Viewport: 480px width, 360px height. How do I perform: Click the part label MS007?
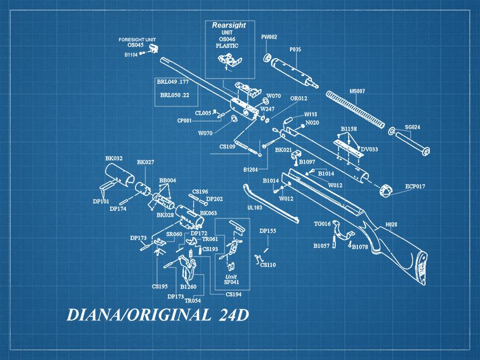click(357, 91)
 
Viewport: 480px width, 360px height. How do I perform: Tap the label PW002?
click(269, 37)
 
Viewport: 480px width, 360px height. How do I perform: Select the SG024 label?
click(413, 127)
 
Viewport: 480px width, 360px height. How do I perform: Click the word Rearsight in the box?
click(229, 25)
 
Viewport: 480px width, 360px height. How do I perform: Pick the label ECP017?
click(415, 186)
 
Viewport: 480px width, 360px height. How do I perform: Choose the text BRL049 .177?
click(173, 81)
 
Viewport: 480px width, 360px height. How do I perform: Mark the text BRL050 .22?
click(175, 95)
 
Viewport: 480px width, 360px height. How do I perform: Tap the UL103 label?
click(255, 207)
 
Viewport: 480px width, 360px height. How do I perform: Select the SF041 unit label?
click(231, 282)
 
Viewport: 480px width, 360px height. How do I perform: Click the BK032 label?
click(114, 158)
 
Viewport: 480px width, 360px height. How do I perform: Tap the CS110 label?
click(268, 265)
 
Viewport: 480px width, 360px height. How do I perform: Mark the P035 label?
click(295, 50)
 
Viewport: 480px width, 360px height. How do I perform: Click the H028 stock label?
click(391, 224)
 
